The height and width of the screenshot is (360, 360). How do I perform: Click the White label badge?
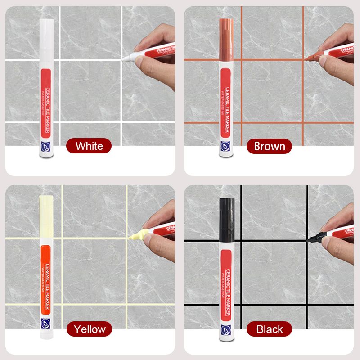pos(89,146)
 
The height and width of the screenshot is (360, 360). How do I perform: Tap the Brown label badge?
pos(269,146)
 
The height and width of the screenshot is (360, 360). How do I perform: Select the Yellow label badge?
pos(90,329)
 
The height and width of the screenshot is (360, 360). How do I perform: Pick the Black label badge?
pos(269,329)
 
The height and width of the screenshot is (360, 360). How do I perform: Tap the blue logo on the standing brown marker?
pos(226,146)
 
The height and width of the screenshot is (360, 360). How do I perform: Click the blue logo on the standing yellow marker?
pos(47,322)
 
